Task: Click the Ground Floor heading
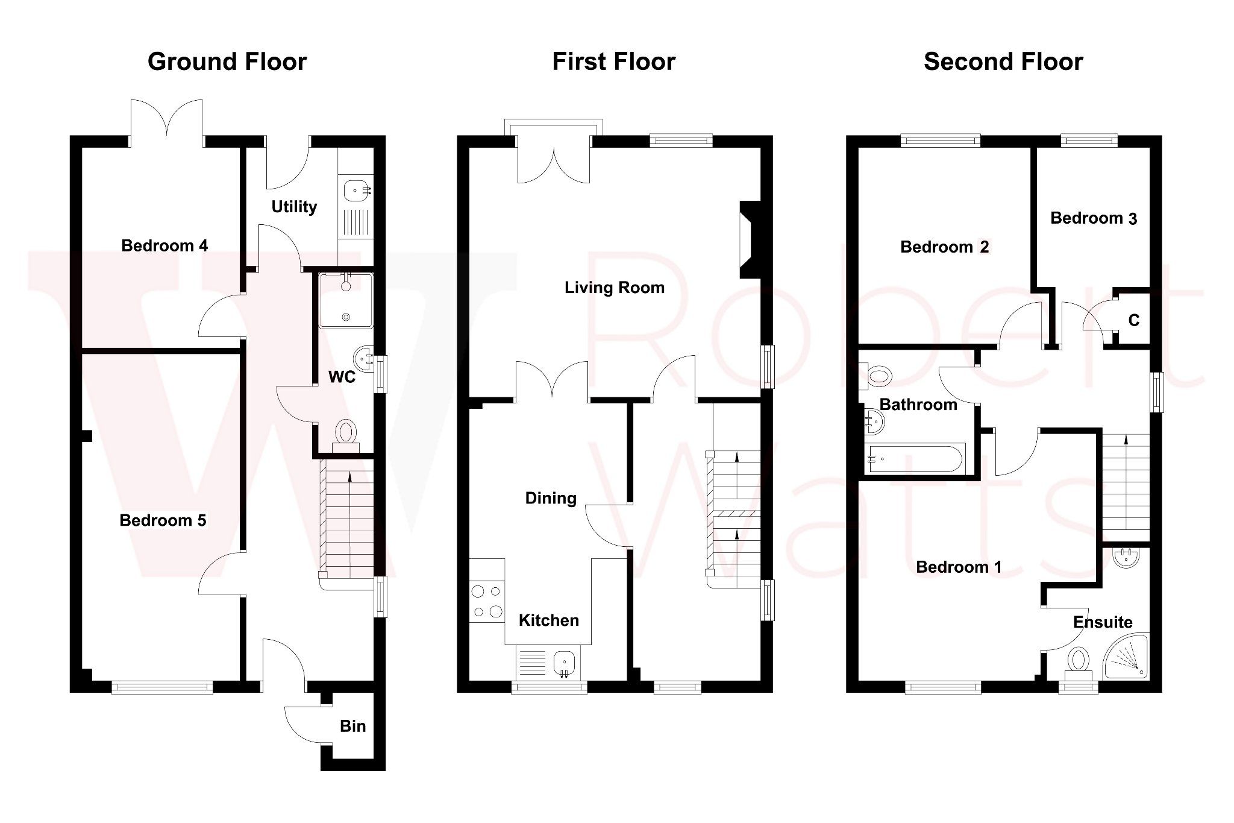coord(227,61)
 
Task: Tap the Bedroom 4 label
coord(164,245)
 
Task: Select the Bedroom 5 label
coord(163,520)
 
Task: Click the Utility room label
coord(294,207)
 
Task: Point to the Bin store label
coord(352,726)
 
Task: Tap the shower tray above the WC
coord(346,300)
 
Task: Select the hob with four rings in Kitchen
coord(487,601)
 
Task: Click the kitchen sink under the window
coord(565,663)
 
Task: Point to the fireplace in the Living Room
coord(750,240)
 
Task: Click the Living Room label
coord(614,288)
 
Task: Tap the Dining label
coord(551,498)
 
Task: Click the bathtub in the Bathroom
coord(915,459)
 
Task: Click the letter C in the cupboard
coord(1133,320)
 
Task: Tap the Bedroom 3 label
coord(1093,218)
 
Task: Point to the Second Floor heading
coord(1003,61)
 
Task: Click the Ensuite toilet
coord(1078,661)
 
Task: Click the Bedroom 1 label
coord(958,567)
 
